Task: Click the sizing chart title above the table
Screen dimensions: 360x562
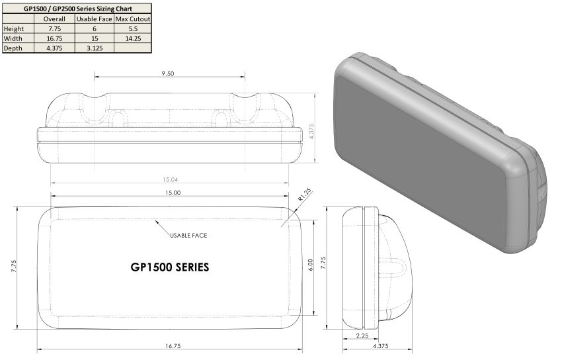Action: [77, 9]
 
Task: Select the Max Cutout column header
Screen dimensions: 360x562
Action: [133, 19]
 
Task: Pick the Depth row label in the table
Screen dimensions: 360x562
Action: [13, 48]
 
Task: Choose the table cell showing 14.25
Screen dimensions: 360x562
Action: [133, 38]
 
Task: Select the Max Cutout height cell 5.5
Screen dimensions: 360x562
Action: [133, 28]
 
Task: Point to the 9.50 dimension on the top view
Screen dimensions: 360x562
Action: [167, 74]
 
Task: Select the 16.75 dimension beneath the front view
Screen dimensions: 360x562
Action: [171, 346]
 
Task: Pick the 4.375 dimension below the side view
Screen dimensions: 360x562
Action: [381, 346]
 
